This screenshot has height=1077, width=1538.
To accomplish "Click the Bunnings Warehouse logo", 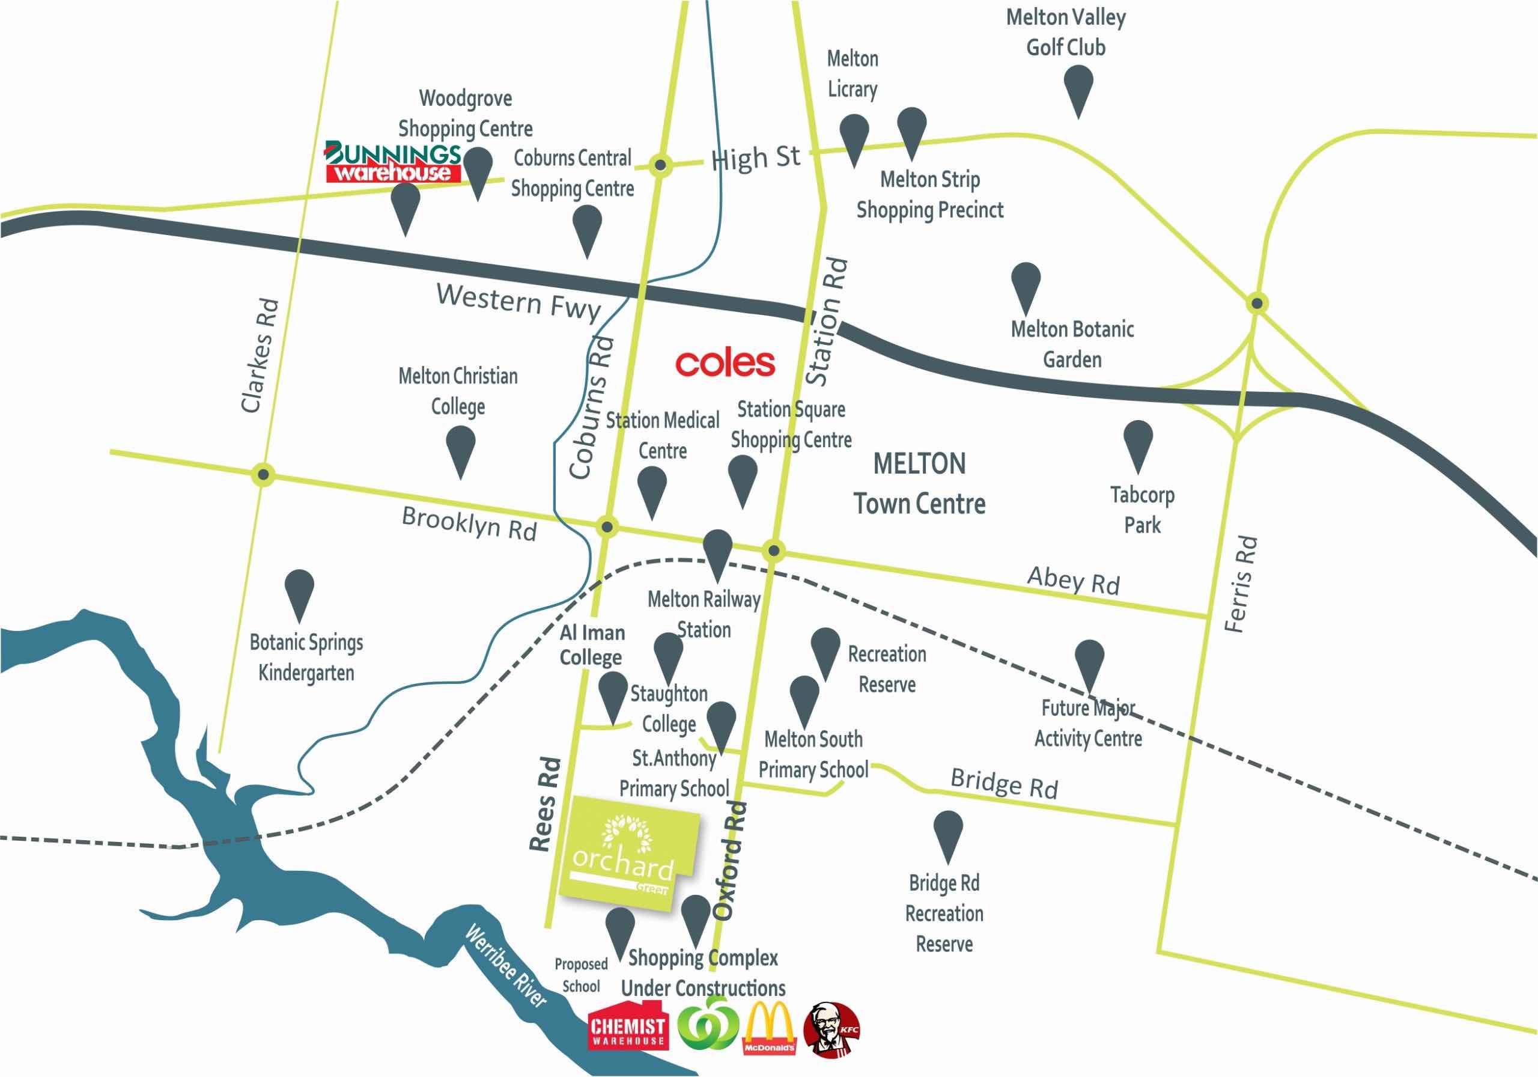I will click(392, 162).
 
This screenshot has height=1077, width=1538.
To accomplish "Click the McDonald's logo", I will click(769, 1030).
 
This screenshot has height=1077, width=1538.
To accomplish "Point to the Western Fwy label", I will click(518, 302).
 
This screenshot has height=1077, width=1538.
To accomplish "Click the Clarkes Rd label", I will click(258, 356).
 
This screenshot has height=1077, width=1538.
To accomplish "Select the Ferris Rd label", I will click(1241, 584).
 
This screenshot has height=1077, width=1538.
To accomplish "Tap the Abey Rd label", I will click(1073, 581).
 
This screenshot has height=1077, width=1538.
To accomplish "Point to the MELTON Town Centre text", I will click(919, 484).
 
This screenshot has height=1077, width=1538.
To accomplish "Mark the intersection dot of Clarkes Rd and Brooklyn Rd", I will click(264, 475).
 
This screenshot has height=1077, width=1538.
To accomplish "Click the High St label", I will click(756, 159).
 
